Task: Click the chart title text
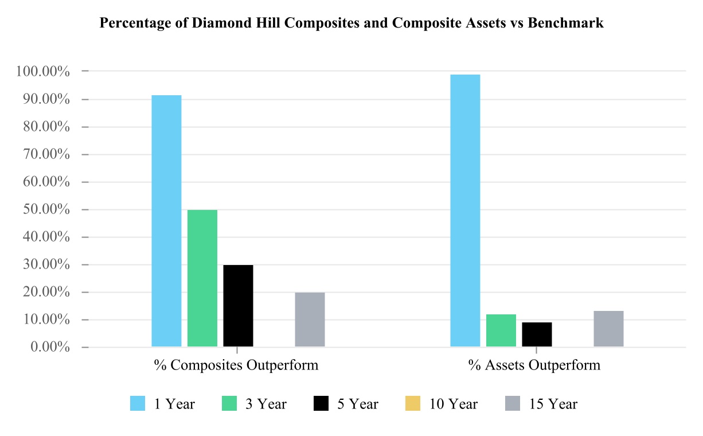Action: point(351,24)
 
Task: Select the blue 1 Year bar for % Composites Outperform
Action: point(166,221)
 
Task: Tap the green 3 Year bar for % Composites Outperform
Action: point(202,278)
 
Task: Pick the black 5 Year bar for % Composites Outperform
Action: point(238,306)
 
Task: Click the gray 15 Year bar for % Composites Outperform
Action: point(310,320)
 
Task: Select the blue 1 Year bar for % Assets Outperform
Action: point(465,211)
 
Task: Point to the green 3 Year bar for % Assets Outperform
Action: point(501,330)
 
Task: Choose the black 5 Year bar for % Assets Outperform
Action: point(537,334)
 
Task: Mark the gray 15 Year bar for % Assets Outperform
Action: point(608,329)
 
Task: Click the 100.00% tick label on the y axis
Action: point(43,72)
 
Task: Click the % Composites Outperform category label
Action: point(236,365)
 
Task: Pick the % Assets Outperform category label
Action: point(534,365)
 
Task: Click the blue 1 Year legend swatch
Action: point(138,404)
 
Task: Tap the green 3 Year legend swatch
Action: point(229,404)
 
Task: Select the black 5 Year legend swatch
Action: point(321,404)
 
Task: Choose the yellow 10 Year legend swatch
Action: point(413,404)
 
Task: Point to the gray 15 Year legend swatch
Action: point(513,404)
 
